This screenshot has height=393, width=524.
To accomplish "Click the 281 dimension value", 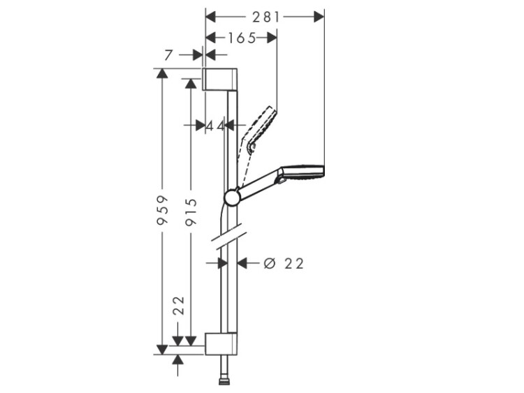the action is tap(265, 17).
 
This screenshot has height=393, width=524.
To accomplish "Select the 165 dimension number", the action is tap(242, 38).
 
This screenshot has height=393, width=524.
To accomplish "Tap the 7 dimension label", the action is tap(169, 55).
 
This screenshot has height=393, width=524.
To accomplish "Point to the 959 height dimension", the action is tap(162, 210).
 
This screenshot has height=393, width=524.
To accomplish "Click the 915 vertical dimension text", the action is tap(191, 212).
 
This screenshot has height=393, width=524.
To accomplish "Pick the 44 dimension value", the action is tap(215, 126).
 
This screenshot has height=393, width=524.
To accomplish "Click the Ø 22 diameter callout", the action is tap(284, 263).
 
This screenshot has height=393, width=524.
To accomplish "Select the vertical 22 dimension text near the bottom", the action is tap(180, 305).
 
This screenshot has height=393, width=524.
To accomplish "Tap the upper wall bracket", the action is tap(220, 79).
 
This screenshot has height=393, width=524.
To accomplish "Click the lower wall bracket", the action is tap(221, 343).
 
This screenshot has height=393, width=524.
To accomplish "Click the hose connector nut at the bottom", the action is tap(224, 380).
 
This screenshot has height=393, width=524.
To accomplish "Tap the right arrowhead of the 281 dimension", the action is tap(319, 17).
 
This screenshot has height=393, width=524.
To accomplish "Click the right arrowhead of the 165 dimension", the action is tap(271, 38).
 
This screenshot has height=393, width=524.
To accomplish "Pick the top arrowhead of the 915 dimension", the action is tap(191, 84).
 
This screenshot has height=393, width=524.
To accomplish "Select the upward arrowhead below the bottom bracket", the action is tap(177, 360).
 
